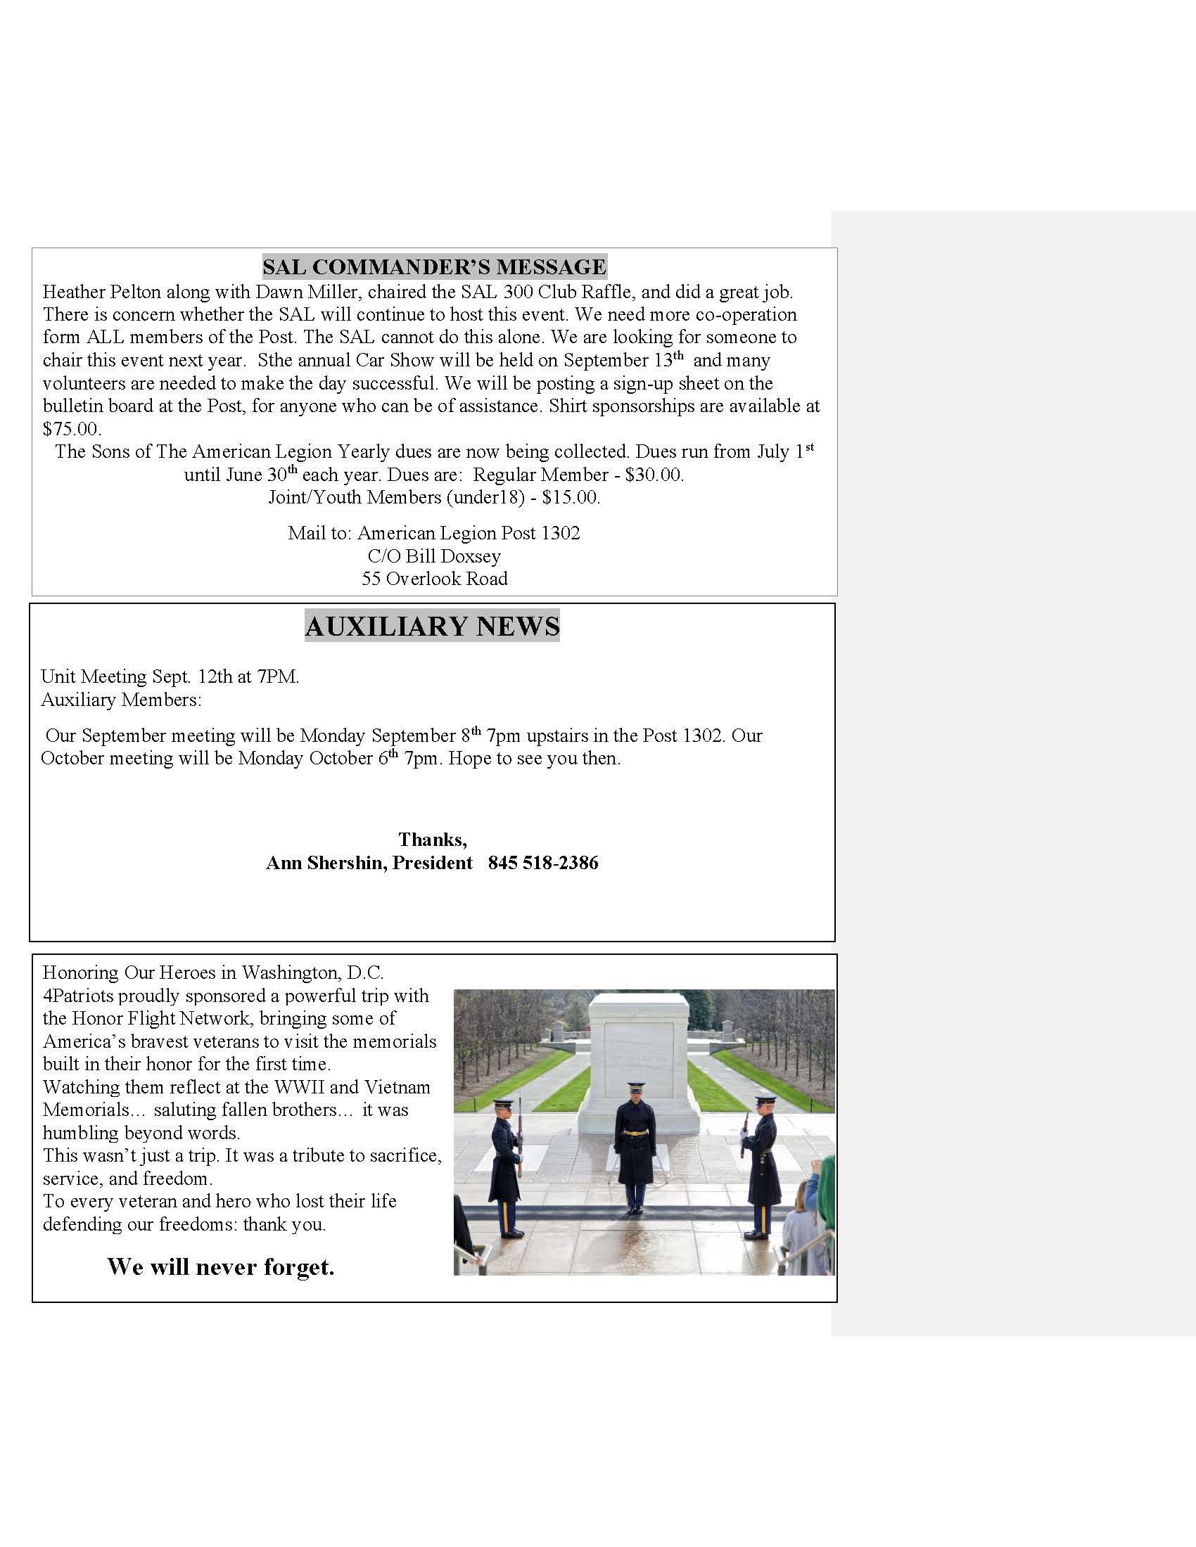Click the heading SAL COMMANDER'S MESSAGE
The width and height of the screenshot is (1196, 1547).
click(x=433, y=267)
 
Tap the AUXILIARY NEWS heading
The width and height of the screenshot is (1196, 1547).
click(x=432, y=626)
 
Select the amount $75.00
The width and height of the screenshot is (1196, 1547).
click(x=71, y=428)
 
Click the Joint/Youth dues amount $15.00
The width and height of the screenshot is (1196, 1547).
click(x=571, y=497)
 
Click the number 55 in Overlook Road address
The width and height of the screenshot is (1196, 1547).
click(x=371, y=579)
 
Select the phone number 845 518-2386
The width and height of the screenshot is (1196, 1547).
click(x=542, y=863)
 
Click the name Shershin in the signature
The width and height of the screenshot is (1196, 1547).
click(x=346, y=863)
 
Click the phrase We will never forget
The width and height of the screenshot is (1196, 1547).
click(x=221, y=1266)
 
